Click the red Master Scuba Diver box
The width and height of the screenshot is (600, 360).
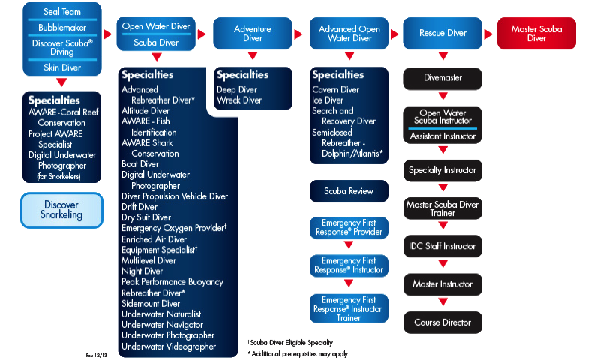pos(536,34)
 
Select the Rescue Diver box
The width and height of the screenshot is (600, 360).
pos(442,34)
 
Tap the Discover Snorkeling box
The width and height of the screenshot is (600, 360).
pos(61,210)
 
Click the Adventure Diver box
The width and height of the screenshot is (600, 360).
pos(253,34)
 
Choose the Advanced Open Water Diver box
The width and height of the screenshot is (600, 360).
pos(349,34)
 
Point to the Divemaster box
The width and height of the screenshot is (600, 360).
pos(442,78)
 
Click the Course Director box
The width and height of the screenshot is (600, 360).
pos(442,322)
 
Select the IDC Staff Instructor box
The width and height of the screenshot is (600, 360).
pos(442,246)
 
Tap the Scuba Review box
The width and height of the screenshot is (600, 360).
pos(349,191)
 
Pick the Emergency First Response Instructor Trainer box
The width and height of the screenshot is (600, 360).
pos(349,308)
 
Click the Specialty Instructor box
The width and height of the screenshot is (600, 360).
pos(442,170)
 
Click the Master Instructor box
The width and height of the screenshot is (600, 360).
pos(442,284)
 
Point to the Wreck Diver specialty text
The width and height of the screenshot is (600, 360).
pos(239,100)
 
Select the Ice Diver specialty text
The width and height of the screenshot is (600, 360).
pos(328,100)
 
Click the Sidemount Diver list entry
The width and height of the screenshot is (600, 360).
pos(151,304)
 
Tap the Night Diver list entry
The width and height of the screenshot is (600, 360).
pos(142,271)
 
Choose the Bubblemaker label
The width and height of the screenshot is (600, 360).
pos(61,28)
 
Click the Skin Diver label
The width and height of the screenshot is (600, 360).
pos(61,67)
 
